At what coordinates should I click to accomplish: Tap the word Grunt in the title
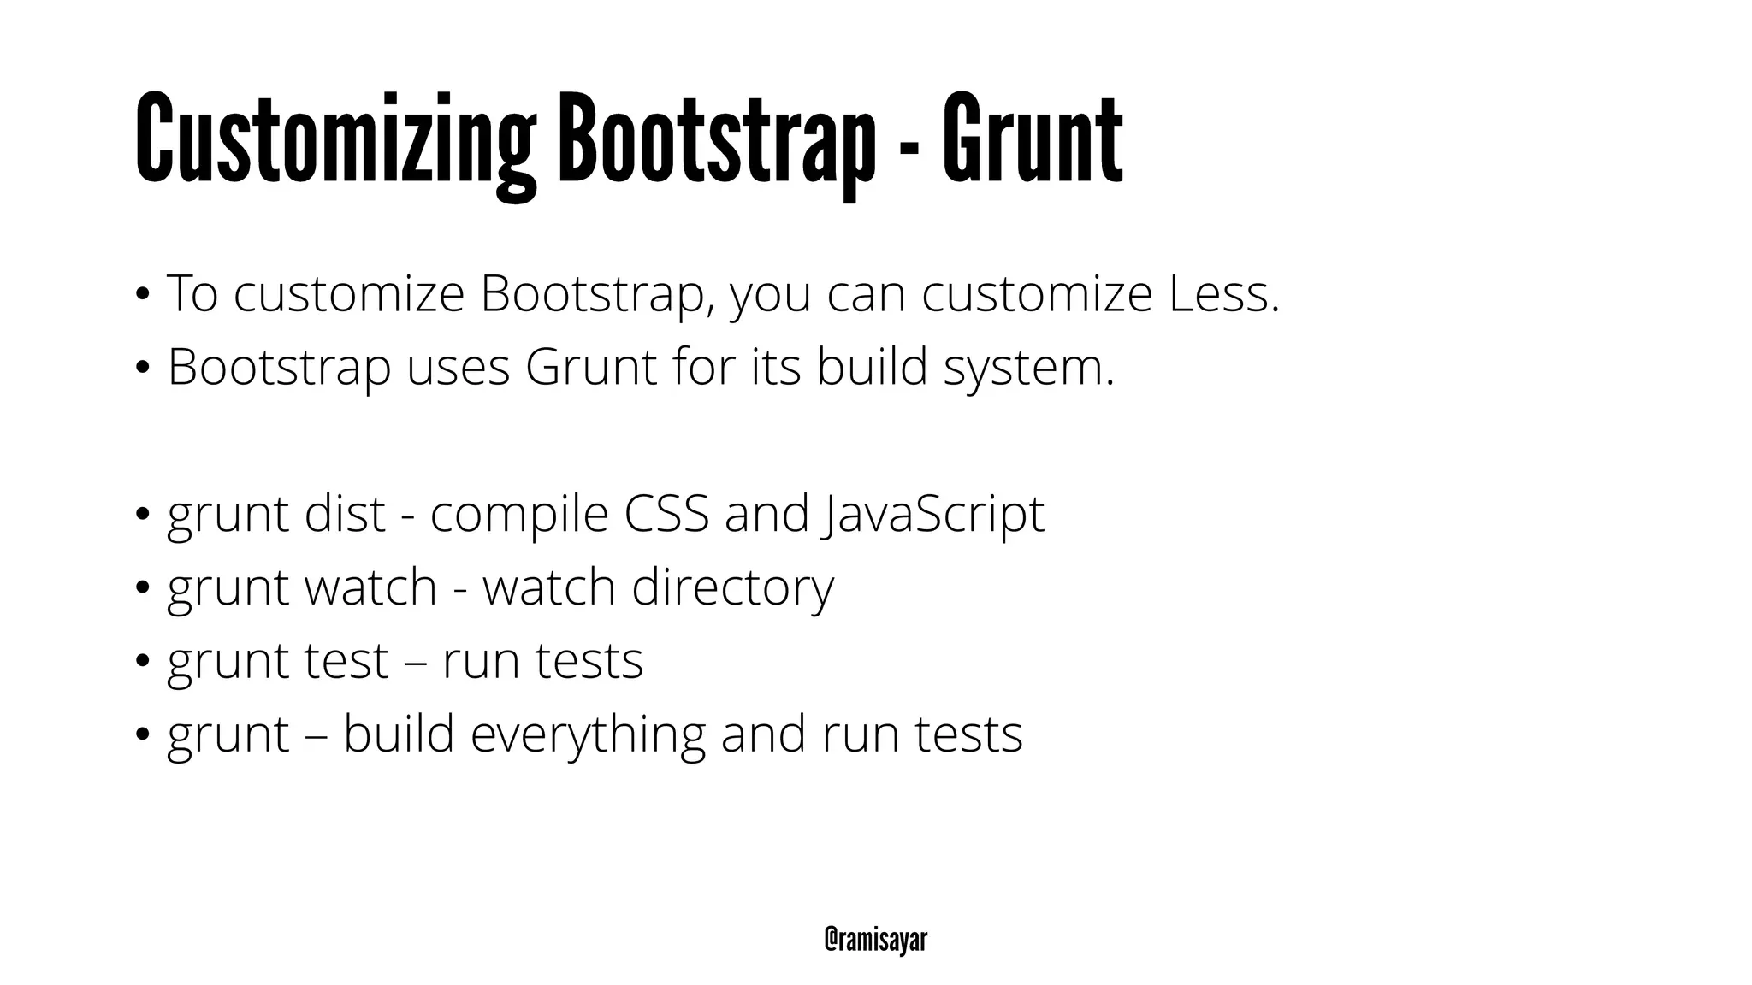(x=1033, y=139)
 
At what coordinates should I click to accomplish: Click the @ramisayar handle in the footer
(x=875, y=940)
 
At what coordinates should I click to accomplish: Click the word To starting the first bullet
(x=192, y=293)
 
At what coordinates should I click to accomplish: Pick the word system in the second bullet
(x=1029, y=369)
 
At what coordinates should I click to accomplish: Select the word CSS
(x=666, y=514)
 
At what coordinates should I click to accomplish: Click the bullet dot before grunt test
(x=142, y=661)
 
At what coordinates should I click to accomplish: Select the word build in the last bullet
(x=399, y=734)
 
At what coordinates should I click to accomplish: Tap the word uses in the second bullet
(x=459, y=369)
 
